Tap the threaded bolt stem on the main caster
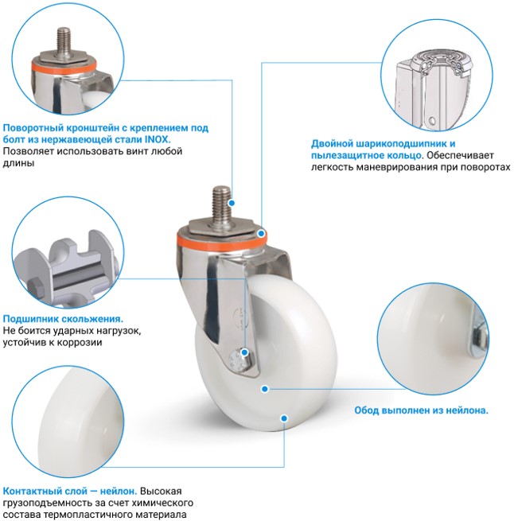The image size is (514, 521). pos(220,204)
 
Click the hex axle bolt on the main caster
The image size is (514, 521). pos(239,359)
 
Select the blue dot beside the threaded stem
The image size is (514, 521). pos(232,203)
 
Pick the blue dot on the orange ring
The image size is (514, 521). pos(262,234)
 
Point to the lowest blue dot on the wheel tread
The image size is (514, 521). pos(284,418)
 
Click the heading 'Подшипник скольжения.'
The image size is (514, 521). pos(63,319)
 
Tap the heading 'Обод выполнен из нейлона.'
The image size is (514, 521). pos(421,410)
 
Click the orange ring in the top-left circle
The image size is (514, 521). pos(64,67)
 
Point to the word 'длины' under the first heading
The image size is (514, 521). pos(18,163)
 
